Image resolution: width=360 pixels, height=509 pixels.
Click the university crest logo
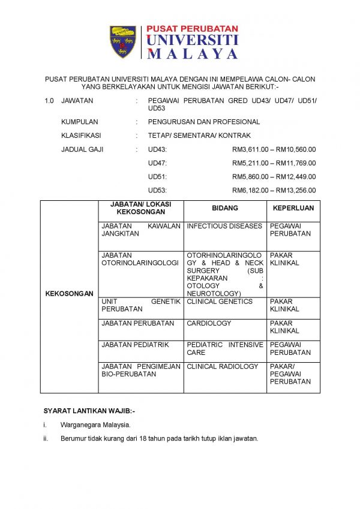124,42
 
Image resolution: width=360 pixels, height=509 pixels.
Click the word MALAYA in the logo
192,54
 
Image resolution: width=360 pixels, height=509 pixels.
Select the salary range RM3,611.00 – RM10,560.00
274,149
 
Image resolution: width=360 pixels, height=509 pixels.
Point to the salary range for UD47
274,163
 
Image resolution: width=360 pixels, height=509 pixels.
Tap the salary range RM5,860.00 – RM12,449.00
274,177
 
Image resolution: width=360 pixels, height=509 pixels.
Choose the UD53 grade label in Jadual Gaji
157,191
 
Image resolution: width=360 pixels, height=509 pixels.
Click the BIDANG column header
225,208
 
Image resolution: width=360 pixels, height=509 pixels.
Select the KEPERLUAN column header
293,208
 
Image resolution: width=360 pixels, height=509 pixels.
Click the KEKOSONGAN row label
69,294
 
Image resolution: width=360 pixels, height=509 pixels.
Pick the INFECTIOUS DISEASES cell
224,226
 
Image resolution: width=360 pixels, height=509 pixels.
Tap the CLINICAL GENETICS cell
220,302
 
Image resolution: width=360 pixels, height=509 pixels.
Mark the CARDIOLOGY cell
209,323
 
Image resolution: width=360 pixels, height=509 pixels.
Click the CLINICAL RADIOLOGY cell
222,366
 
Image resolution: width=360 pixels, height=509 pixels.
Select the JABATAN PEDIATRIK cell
136,345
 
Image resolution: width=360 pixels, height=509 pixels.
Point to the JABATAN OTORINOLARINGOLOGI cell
140,259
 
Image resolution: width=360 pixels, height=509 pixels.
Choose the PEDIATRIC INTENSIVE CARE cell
224,348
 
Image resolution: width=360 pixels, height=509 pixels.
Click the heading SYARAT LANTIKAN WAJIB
89,411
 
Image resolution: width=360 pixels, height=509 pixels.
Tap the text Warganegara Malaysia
95,425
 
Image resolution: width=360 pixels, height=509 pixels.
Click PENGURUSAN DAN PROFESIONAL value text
204,122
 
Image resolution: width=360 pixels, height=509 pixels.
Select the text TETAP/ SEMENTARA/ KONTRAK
199,135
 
